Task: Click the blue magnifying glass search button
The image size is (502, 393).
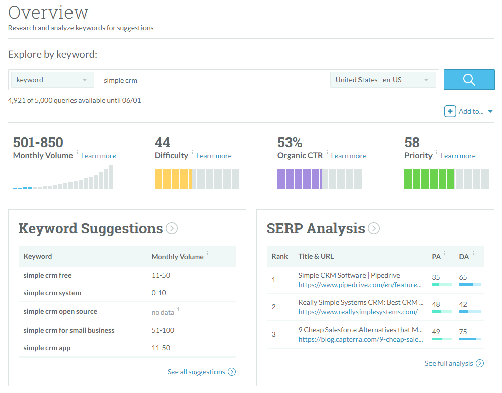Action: [x=469, y=80]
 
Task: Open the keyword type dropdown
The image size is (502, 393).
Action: [x=52, y=80]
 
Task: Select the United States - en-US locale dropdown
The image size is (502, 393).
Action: [x=383, y=80]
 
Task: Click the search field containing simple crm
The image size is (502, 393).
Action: [x=211, y=80]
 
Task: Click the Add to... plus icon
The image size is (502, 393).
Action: [x=450, y=111]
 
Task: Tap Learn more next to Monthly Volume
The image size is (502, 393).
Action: [x=98, y=156]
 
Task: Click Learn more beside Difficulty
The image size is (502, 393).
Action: [x=213, y=156]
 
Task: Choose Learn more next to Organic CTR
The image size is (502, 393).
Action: [x=348, y=156]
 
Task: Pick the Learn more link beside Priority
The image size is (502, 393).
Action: [x=458, y=156]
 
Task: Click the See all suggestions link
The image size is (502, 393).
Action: [x=196, y=372]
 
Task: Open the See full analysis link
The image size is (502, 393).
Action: [x=449, y=363]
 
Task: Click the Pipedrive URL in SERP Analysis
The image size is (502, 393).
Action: [x=360, y=285]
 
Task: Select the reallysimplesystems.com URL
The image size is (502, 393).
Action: [x=358, y=312]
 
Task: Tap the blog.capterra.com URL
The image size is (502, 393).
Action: [x=360, y=339]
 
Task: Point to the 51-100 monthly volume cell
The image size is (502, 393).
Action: [x=163, y=330]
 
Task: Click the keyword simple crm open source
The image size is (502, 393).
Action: [x=60, y=311]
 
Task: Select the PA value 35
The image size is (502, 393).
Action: [x=436, y=277]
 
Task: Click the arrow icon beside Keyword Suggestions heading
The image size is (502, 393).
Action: [x=172, y=229]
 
